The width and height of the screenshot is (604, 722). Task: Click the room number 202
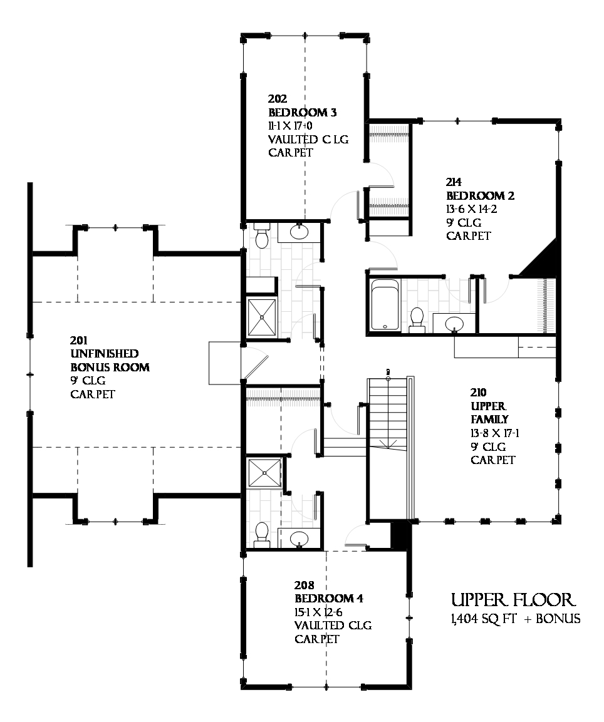(x=278, y=99)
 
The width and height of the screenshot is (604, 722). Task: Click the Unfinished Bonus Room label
(x=109, y=361)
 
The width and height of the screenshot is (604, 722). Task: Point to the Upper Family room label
(x=489, y=413)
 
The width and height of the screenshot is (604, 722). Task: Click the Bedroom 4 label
(x=328, y=599)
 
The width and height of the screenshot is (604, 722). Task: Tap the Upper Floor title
(x=513, y=600)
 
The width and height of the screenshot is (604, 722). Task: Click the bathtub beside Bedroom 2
(x=385, y=305)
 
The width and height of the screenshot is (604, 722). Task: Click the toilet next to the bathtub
(x=417, y=319)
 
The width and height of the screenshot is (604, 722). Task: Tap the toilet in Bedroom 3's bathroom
(x=262, y=237)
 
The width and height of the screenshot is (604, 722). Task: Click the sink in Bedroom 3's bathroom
(x=299, y=233)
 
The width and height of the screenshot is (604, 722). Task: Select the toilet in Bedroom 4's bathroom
(x=262, y=534)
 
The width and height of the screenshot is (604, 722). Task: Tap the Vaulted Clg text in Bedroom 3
(x=308, y=139)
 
